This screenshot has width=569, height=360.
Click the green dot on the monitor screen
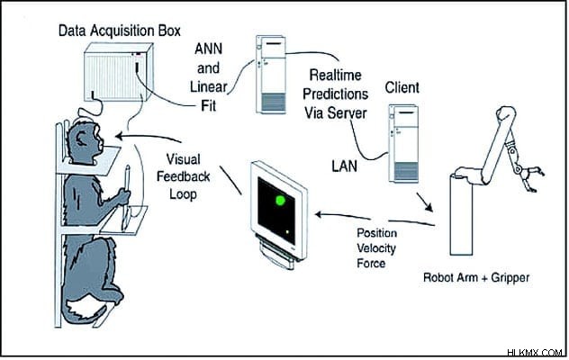pos(280,201)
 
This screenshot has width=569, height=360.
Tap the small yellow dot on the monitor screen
pos(287,232)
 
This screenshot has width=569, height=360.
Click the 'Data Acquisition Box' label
pos(120,31)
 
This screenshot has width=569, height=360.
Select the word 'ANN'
pos(208,49)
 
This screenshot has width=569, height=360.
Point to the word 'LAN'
pos(345,166)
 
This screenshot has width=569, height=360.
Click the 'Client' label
pos(402,88)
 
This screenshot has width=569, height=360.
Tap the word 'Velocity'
pos(376,248)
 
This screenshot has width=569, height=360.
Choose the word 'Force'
pos(371,264)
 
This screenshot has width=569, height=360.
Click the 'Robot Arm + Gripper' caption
pos(476,278)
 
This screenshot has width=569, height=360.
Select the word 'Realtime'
pos(335,75)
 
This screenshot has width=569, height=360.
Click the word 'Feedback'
pos(184,176)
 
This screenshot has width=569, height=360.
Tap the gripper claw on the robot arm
pos(531,178)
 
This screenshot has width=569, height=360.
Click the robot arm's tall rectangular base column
pos(461,215)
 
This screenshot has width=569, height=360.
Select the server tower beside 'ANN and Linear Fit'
pos(271,75)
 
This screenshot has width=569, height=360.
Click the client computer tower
pos(403,144)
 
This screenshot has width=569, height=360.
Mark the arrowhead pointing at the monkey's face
pos(119,136)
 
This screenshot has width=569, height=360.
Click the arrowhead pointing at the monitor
pos(319,214)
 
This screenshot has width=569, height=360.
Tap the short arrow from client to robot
pos(425,202)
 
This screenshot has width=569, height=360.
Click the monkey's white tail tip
pos(86,310)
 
